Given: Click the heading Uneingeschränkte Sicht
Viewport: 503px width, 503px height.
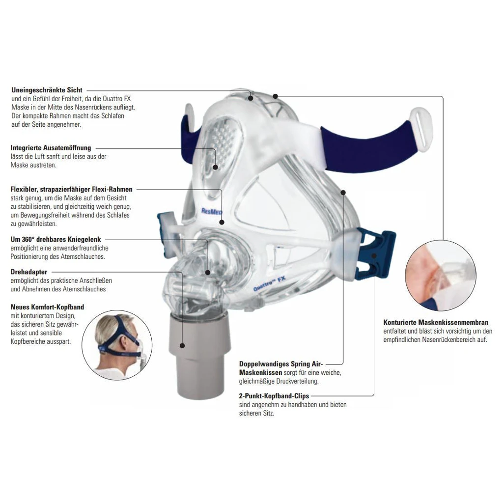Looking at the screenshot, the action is (47, 90).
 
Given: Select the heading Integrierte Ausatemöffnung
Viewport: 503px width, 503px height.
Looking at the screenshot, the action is (51, 148).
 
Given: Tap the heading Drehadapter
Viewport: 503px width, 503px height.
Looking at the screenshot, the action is (29, 272).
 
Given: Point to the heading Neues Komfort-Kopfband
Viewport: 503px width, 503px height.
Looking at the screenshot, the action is (47, 307).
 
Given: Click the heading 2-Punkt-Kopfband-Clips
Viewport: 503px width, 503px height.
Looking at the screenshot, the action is (274, 396).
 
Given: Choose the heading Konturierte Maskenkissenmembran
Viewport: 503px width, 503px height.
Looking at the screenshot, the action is (436, 322).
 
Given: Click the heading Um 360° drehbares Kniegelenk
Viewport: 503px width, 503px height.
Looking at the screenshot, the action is (56, 239).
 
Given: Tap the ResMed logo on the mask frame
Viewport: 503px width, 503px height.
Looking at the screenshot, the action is (211, 211).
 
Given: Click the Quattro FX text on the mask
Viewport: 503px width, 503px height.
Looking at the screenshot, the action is (270, 283).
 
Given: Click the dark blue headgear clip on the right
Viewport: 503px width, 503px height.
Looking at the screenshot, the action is (375, 252).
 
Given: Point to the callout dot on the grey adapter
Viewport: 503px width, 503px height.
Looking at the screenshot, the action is (182, 345).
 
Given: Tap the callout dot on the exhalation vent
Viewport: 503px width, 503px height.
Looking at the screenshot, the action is (216, 167).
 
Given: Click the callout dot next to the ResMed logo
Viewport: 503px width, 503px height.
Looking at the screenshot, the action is (222, 222).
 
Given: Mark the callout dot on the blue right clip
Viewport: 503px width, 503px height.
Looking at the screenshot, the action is (374, 255).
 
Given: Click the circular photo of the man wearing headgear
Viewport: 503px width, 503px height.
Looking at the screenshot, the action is (117, 345).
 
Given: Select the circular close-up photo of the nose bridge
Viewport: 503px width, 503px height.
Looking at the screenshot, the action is (441, 276).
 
